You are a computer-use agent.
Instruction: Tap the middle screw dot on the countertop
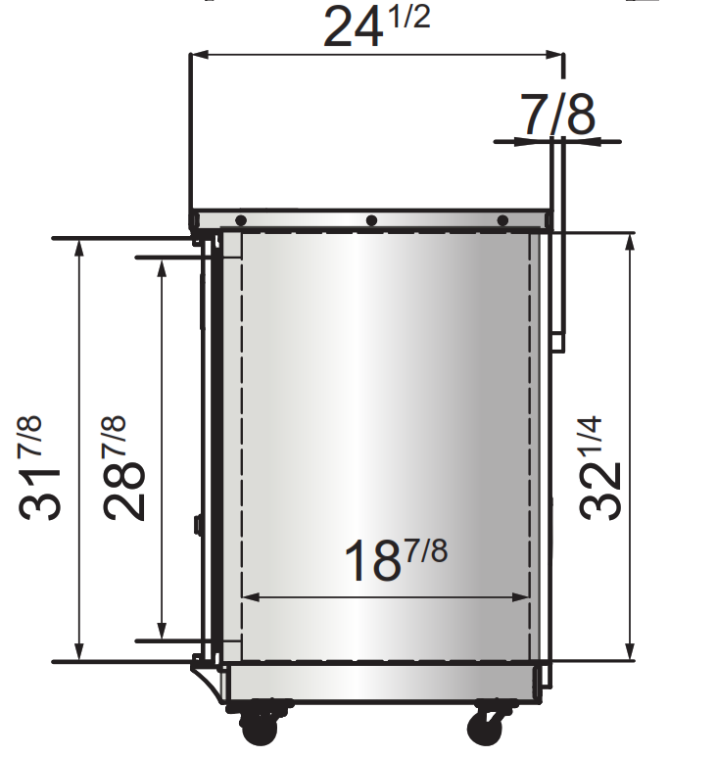[371, 220]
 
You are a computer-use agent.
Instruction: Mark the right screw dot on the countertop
[502, 220]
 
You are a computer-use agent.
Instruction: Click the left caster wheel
[262, 728]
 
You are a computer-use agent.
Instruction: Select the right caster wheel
[487, 728]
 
